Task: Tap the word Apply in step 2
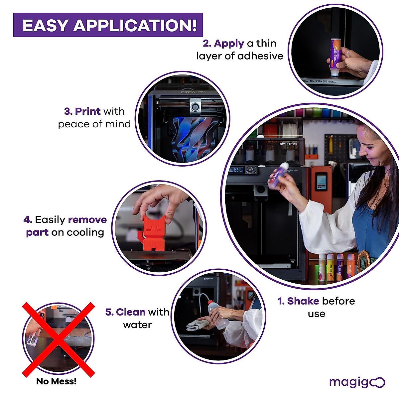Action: pos(229,44)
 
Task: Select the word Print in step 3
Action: pos(88,111)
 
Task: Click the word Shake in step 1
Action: pos(303,301)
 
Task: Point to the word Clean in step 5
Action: pos(131,312)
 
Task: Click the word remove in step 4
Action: pos(87,220)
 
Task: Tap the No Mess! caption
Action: pos(57,381)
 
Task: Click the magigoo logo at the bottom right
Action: pos(357,382)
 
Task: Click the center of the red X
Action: pos(59,339)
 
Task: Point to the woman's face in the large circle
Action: pos(369,146)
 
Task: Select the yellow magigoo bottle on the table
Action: pos(330,267)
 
